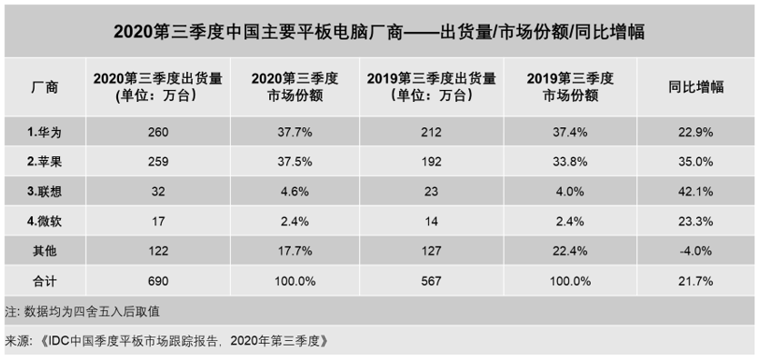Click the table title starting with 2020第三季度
tap(379, 31)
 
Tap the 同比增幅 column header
tap(694, 87)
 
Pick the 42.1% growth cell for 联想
tap(694, 192)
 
